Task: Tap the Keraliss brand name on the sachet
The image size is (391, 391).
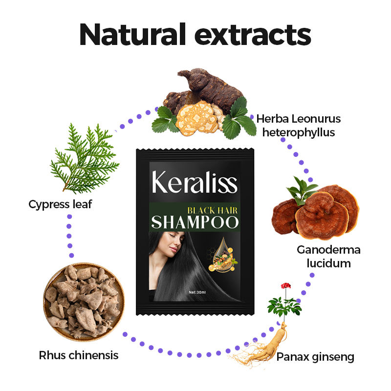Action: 194,182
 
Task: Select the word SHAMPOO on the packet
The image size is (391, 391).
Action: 195,222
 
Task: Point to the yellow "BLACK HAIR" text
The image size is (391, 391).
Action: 213,210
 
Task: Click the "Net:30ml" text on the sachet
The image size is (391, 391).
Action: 199,292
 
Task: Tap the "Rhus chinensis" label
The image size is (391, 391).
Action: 78,355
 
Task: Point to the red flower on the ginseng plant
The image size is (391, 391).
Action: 282,286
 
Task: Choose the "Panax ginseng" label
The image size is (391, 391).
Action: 315,357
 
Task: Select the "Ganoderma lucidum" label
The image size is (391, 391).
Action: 328,257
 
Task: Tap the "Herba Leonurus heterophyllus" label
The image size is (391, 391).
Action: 298,125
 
